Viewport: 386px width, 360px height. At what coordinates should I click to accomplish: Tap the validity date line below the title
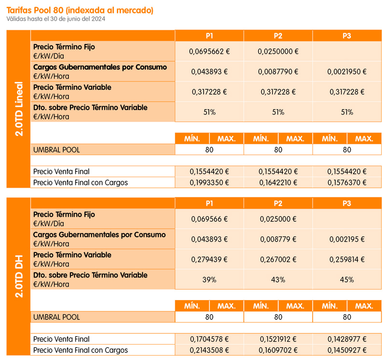56,19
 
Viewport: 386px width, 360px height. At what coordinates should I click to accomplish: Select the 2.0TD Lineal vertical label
19,109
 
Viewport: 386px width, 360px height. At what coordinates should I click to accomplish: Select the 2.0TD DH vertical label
19,277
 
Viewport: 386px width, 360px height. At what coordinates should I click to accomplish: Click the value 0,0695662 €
209,52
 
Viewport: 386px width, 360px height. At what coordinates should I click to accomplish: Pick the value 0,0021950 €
347,71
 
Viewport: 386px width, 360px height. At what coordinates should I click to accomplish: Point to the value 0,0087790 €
278,71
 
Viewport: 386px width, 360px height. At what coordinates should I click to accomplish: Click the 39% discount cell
209,280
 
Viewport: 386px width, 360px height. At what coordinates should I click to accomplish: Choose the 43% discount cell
278,280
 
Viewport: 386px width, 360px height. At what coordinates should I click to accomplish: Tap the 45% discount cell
347,280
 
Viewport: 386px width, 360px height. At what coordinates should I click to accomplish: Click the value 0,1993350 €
209,182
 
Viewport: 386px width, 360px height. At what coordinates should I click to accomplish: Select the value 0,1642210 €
278,182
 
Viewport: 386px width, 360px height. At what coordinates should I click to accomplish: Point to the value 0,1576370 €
347,182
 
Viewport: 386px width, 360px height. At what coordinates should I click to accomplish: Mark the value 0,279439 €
209,259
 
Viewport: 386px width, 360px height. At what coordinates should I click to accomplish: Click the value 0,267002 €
278,259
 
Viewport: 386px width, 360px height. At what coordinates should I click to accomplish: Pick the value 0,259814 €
347,259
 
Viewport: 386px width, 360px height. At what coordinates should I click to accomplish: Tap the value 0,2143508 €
209,350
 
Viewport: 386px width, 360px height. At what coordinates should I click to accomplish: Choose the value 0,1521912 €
278,339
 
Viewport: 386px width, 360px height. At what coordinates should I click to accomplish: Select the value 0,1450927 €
347,350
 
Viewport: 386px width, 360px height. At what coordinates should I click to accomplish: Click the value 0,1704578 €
209,339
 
